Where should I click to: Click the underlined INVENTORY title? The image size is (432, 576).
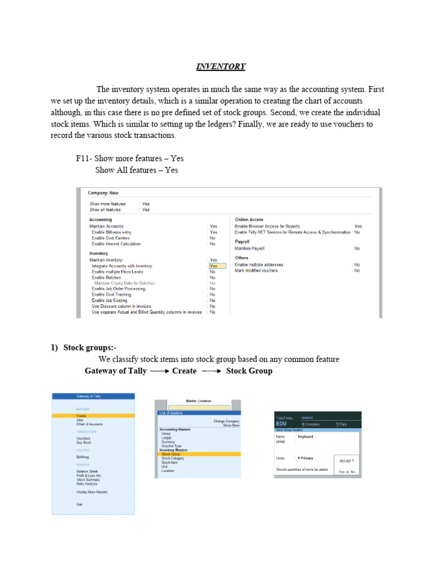coord(220,66)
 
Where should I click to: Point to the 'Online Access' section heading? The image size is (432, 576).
coord(249,219)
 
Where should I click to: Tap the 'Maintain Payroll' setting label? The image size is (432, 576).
coord(249,248)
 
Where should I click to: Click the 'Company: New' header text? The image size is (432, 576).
coord(103,193)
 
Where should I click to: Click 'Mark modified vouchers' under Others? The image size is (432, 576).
coord(256,271)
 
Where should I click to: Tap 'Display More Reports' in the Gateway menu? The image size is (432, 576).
coord(92,492)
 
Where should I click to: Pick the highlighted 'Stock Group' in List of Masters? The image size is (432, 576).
coord(171,454)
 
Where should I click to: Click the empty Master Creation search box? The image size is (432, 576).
coord(199,407)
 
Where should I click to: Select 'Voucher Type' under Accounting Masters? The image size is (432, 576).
coord(172,446)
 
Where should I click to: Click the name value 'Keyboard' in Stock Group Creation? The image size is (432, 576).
coord(305,436)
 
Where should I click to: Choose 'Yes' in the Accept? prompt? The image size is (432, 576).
coord(341,471)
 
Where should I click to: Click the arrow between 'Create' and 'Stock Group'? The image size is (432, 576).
coord(211,371)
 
